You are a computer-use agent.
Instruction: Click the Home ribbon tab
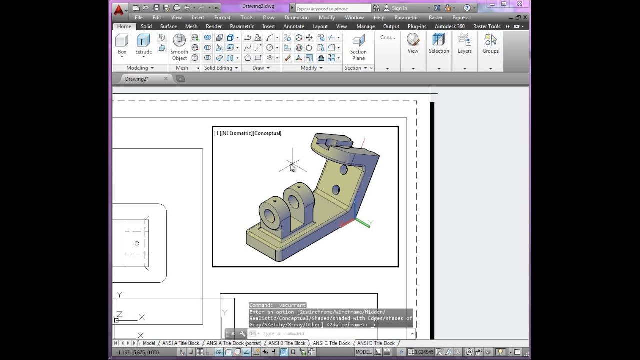click(x=124, y=26)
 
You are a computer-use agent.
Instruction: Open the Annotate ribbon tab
click(x=293, y=26)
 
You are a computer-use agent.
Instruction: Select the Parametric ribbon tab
click(x=242, y=26)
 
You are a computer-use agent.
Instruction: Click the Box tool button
click(x=122, y=44)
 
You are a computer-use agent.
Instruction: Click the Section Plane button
click(x=358, y=47)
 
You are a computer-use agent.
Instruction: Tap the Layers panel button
click(x=464, y=44)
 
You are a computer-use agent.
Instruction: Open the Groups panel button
click(x=490, y=44)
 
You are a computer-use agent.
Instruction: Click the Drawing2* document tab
click(x=137, y=79)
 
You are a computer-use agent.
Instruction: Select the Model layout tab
click(x=149, y=343)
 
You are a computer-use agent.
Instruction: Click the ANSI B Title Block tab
click(x=287, y=343)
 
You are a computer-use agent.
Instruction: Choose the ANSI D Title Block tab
click(x=376, y=343)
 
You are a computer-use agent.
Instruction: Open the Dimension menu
click(x=296, y=17)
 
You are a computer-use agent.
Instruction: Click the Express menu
click(x=460, y=17)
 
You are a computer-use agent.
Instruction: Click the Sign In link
click(x=399, y=8)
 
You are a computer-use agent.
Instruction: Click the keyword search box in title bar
click(x=332, y=8)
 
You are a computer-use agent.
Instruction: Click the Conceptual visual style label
click(x=267, y=133)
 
